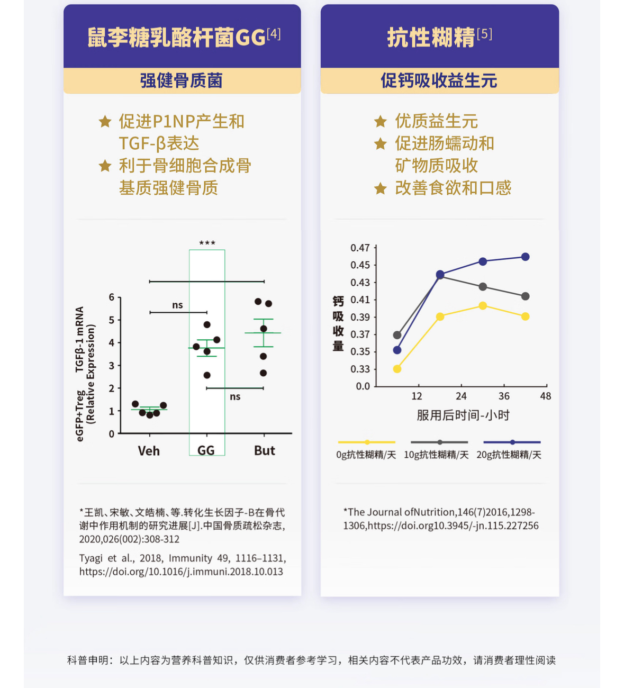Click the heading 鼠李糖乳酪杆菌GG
coord(177,38)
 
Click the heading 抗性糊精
coord(431,38)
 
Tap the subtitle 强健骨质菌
coord(181,80)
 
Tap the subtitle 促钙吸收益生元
coord(439,80)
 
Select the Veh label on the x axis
coord(149,451)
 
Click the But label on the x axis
coord(265,450)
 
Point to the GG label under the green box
coord(206,451)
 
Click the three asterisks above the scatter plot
coord(207,243)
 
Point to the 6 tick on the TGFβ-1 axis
coord(112,297)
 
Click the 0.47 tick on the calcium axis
coord(360,248)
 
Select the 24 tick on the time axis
coord(461,396)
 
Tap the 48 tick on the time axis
coord(546,396)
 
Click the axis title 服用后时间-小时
coord(463,415)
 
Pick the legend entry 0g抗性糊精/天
coord(366,455)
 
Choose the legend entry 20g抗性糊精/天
coord(509,455)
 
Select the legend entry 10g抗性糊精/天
coord(436,455)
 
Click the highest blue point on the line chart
coord(526,257)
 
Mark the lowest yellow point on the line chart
coord(397,369)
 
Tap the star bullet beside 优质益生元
coord(380,122)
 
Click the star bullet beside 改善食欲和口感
coord(380,188)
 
